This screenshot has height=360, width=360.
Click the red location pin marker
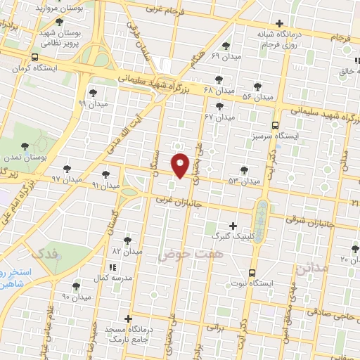tap(181, 165)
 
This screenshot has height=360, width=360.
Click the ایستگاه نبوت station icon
tap(252, 273)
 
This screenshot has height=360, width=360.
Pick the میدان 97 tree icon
tap(67, 169)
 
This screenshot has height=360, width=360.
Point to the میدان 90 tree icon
tap(76, 286)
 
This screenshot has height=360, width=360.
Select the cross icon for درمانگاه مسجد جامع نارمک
tap(127, 319)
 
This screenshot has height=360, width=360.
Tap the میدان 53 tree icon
tap(244, 169)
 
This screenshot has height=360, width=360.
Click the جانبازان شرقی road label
tap(307, 220)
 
